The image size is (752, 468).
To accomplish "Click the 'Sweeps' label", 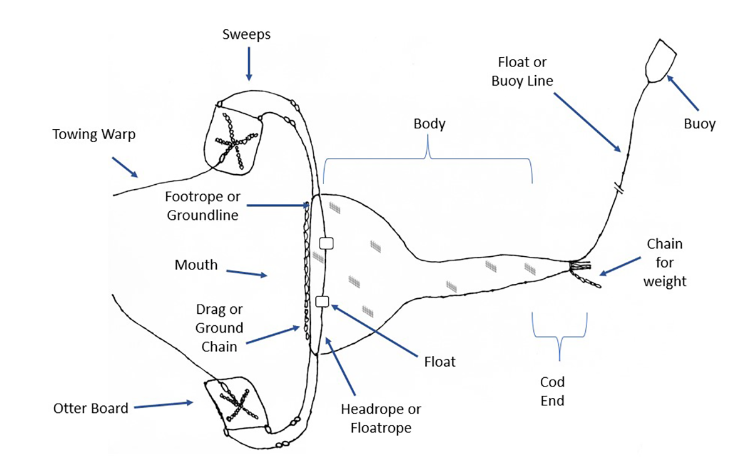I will tap(246, 34).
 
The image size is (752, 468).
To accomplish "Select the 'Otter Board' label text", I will tap(90, 408).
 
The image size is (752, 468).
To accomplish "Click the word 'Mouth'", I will tap(196, 265).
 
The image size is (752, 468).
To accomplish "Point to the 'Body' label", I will tap(429, 123).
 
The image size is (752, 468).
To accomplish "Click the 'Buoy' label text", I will tap(699, 123).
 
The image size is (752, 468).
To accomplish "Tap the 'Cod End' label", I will tap(552, 391).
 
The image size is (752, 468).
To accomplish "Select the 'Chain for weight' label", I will tap(665, 263).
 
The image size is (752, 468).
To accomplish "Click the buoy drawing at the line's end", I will tap(661, 60).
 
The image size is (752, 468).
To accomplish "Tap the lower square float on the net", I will tap(322, 301).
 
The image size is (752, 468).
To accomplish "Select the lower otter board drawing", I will tap(234, 400).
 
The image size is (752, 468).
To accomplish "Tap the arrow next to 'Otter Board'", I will tap(163, 405).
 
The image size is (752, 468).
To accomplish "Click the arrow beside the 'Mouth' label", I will tap(245, 273).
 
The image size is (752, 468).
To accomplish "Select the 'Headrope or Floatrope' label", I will tap(380, 419).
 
